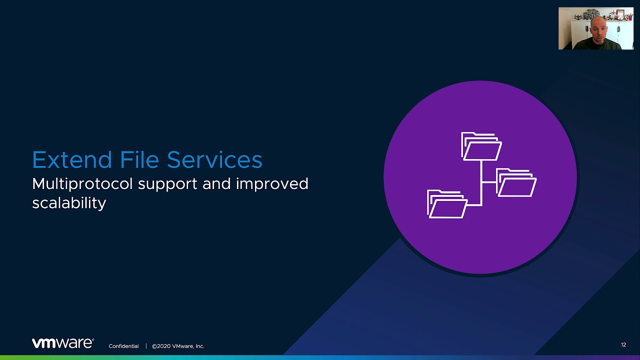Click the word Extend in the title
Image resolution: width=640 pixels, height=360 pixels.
71,159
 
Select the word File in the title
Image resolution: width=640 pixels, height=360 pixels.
139,159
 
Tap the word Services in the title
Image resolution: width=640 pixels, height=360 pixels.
214,159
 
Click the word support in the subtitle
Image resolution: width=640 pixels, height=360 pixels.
167,185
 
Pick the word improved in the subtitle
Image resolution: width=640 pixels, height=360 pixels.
272,184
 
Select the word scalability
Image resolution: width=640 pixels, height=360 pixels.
69,203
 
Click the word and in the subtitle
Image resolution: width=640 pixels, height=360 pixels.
216,183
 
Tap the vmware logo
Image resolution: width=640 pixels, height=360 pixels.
63,343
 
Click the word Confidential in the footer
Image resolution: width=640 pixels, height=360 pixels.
123,346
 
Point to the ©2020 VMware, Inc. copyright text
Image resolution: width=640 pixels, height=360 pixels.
178,346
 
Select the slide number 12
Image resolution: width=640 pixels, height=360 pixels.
623,345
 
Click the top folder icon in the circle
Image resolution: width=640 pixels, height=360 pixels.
481,146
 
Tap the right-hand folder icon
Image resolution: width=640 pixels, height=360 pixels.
516,182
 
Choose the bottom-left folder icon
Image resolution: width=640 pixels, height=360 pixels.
447,204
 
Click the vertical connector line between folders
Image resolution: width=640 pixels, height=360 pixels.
481,183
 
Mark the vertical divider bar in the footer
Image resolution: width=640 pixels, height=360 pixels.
146,346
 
